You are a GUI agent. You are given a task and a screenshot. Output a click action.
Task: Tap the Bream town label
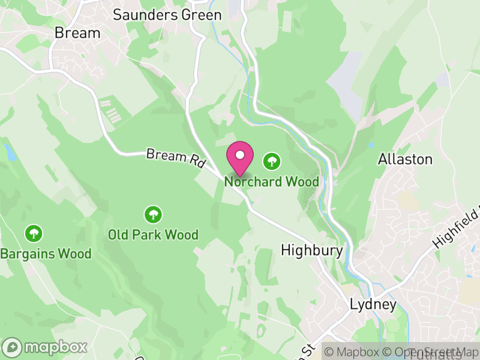click(77, 33)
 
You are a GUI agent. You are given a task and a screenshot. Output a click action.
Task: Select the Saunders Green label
click(163, 14)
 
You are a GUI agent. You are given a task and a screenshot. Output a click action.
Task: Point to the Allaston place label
click(405, 159)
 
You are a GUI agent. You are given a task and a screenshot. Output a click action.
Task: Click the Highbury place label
click(312, 250)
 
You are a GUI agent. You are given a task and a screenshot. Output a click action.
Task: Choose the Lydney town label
click(373, 305)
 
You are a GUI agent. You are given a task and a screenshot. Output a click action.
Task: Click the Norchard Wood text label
click(272, 181)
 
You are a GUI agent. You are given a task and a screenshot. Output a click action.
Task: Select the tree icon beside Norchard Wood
click(272, 160)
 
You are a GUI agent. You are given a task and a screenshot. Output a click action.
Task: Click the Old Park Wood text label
click(153, 235)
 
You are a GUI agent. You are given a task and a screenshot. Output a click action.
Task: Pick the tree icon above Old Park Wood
click(153, 214)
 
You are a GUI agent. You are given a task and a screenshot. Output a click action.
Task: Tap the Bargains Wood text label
click(46, 254)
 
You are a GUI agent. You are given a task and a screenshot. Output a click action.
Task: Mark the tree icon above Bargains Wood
click(33, 233)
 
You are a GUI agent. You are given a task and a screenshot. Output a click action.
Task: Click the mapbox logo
click(46, 347)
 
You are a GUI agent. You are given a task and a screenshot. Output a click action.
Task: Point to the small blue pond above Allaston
click(371, 145)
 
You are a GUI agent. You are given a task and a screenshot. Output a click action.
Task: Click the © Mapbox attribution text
click(354, 352)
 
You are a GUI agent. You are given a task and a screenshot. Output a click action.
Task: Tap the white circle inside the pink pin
click(240, 155)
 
